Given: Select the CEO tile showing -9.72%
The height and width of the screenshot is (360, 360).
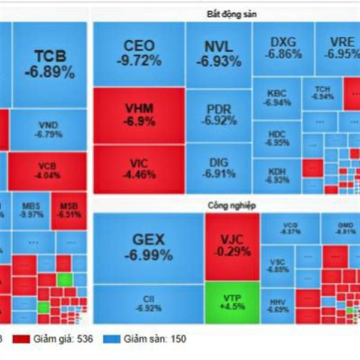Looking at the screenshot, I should coord(139,53).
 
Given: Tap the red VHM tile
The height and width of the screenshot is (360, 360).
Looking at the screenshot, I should coord(139,114).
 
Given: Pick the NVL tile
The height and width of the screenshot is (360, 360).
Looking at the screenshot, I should coord(218,53).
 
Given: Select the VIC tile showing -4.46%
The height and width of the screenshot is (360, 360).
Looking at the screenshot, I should coord(139,168).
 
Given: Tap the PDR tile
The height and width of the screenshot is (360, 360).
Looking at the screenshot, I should coord(218,114).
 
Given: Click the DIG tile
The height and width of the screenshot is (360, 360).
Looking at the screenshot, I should coord(218,169).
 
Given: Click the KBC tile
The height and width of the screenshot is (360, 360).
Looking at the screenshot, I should coord(277,98).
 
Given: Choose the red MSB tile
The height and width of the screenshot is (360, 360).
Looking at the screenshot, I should coord(68,211).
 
